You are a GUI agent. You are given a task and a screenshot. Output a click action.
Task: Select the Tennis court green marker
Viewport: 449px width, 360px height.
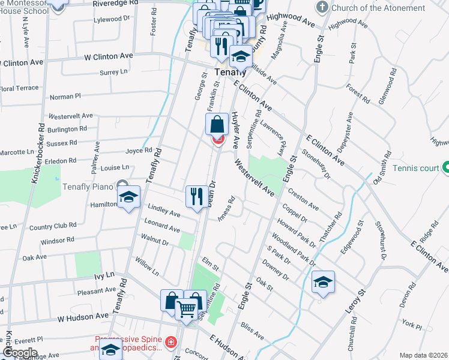coord(446,167)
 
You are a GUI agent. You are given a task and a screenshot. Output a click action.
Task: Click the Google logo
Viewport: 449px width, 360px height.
coord(20,352)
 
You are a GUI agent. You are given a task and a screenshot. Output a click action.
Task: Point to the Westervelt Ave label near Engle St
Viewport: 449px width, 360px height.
coord(255,178)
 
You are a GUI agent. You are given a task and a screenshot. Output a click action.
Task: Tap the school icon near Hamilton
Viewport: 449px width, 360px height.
coord(129,197)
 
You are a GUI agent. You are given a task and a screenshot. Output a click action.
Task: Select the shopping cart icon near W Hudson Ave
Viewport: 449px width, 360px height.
coord(187,310)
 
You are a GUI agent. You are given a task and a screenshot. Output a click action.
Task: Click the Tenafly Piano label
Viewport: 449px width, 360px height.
coord(88,186)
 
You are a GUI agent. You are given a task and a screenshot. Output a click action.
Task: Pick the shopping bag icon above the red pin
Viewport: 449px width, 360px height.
coord(217,124)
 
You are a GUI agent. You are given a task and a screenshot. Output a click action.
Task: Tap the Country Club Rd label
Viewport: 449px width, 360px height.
coord(53,226)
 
